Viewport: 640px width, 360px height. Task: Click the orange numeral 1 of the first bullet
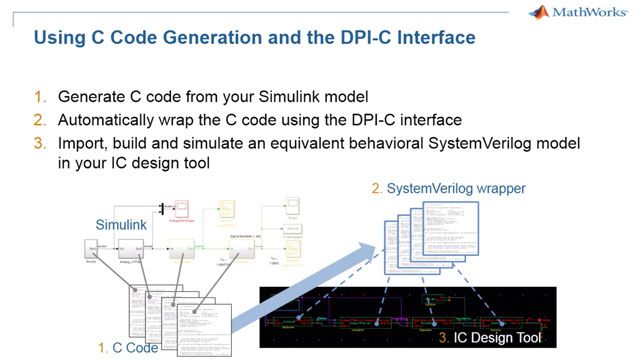pyautogui.click(x=40, y=98)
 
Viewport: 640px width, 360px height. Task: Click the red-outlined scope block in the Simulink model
pyautogui.click(x=182, y=209)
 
